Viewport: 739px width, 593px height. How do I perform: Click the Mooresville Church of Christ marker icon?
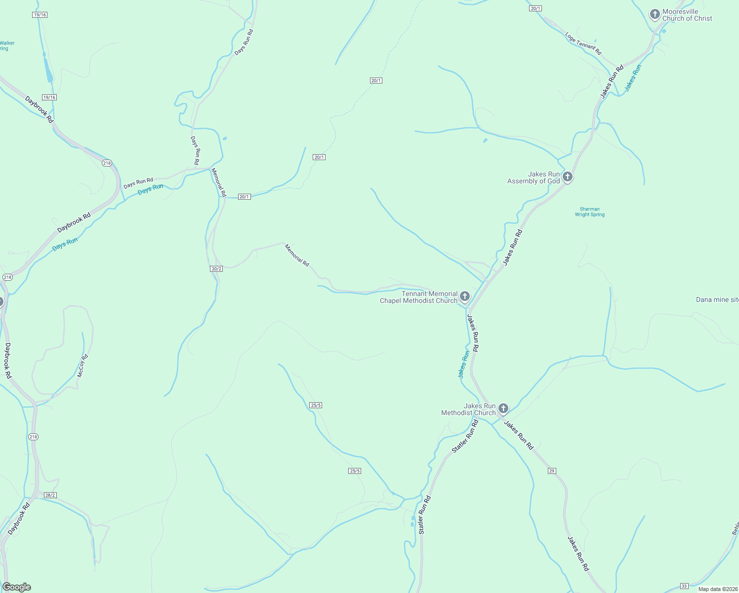(655, 14)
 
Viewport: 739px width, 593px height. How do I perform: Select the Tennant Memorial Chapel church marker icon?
(464, 296)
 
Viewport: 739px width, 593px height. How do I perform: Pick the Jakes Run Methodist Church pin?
(503, 408)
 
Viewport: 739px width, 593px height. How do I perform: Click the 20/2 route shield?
(216, 269)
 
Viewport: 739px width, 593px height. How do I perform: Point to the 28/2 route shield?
(50, 495)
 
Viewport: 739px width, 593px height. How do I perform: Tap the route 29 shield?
(552, 471)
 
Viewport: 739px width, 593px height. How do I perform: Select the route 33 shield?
(684, 586)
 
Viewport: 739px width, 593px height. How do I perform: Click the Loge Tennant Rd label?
(583, 43)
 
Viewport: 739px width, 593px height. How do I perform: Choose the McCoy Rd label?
(82, 366)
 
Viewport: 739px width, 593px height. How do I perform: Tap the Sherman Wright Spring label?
(589, 212)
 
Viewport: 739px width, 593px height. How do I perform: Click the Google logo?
(16, 587)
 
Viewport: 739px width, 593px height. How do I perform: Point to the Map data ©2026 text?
(717, 589)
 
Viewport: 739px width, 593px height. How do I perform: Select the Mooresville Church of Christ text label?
(687, 15)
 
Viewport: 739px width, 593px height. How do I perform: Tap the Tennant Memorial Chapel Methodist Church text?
(419, 297)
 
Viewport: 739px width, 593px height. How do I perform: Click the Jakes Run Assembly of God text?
(534, 177)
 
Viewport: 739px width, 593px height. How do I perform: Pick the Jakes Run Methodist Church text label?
(468, 409)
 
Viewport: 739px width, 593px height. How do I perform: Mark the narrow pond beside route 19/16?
(48, 70)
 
